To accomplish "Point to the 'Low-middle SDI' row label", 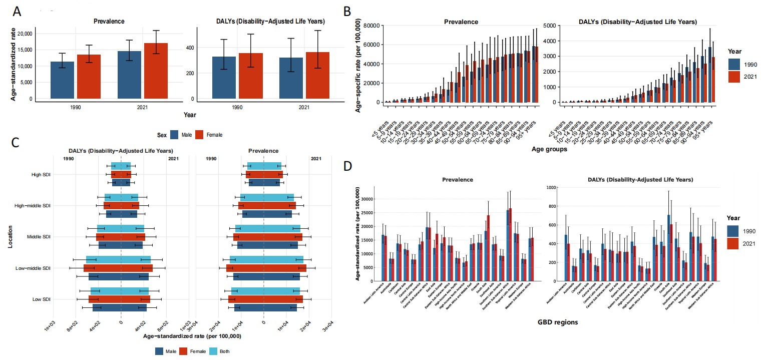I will click(34, 268).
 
